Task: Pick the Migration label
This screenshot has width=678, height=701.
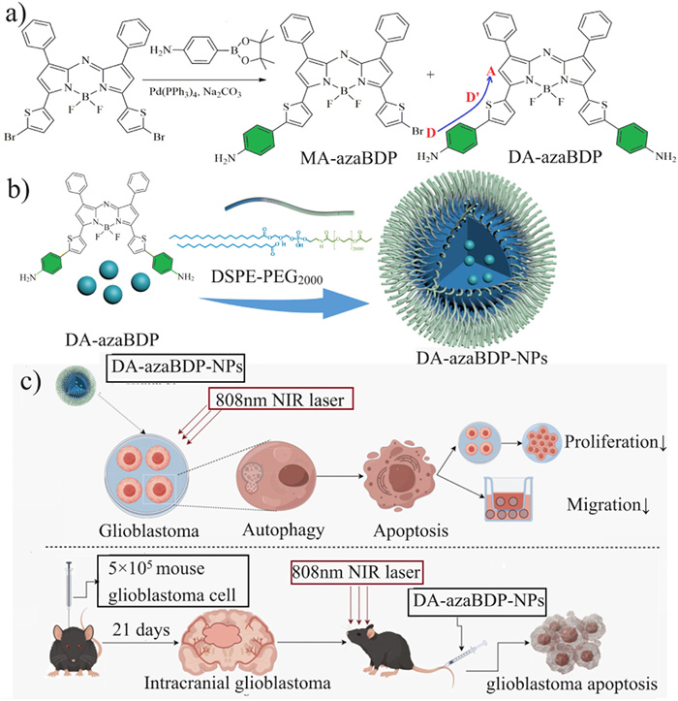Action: point(603,504)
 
